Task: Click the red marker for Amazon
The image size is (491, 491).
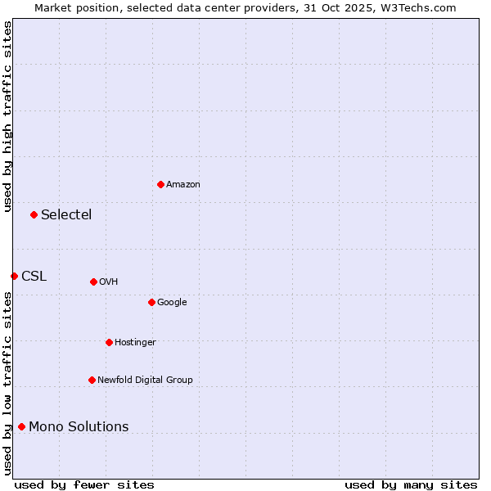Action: [160, 184]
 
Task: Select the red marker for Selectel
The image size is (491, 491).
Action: [34, 214]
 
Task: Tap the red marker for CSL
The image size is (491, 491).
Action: [14, 276]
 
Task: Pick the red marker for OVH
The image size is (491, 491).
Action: [93, 282]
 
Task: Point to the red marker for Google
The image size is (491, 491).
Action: [151, 302]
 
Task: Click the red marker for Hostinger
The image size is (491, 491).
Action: [109, 342]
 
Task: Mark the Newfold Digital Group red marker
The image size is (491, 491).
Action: [92, 380]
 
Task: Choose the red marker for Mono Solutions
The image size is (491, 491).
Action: [21, 426]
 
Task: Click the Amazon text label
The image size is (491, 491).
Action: [183, 184]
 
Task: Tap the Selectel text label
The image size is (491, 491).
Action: [66, 214]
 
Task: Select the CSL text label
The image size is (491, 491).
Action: [34, 276]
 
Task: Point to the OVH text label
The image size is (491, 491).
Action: [109, 282]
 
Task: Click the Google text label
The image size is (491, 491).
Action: [172, 302]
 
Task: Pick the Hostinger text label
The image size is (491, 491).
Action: [135, 342]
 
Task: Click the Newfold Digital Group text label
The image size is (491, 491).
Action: [145, 380]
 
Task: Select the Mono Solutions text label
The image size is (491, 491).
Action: [79, 426]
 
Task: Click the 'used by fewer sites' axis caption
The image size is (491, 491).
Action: [84, 484]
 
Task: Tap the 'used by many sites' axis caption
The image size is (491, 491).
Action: [411, 484]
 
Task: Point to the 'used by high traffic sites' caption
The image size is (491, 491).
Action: [7, 116]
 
